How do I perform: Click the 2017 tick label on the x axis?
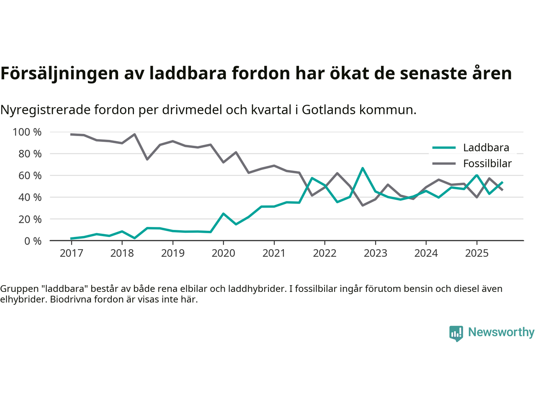point(71,253)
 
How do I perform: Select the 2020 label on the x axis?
point(223,253)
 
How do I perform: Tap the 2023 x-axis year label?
point(375,253)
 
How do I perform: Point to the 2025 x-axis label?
point(477,253)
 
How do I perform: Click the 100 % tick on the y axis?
point(27,132)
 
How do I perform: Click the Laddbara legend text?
point(486,147)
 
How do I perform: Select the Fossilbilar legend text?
point(487,163)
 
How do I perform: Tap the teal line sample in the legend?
point(444,147)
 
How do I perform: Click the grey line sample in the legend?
point(444,163)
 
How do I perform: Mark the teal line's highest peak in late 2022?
point(363,168)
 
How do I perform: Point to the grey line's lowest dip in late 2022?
point(363,205)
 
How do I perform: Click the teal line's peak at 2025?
point(477,175)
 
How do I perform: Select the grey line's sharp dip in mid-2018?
point(147,159)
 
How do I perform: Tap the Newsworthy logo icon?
point(456,333)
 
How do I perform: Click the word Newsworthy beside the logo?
point(501,332)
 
